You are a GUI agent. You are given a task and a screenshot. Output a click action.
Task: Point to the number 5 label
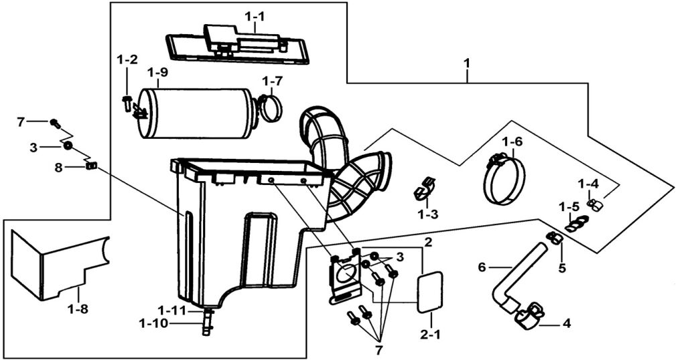[x=562, y=268]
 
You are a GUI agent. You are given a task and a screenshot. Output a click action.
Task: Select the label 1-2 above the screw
[x=127, y=60]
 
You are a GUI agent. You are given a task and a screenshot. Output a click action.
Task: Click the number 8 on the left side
[x=58, y=168]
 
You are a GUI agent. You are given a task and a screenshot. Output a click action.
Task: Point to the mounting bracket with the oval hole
[x=346, y=278]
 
